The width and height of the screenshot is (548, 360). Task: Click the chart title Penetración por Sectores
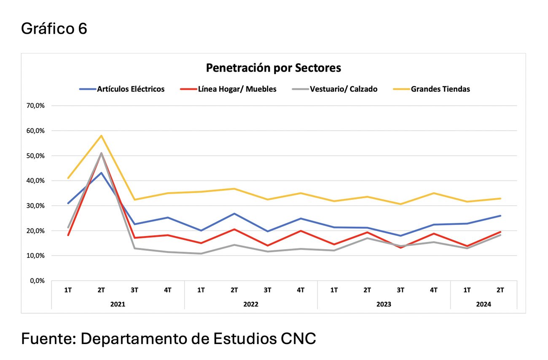(x=273, y=67)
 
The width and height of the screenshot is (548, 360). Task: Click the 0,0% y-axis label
(x=37, y=281)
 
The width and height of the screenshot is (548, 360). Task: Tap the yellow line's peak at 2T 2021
(x=101, y=136)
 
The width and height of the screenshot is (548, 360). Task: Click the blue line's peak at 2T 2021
(x=101, y=172)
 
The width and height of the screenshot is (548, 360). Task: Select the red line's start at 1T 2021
(x=68, y=235)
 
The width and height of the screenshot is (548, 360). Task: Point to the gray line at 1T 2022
(x=201, y=253)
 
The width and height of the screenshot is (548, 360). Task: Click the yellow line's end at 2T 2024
(x=500, y=199)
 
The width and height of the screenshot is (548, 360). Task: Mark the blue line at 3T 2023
(x=400, y=236)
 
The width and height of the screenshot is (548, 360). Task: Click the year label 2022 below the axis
(x=251, y=304)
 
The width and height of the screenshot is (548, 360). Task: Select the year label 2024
(x=484, y=304)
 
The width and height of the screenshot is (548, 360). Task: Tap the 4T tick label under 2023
(x=434, y=290)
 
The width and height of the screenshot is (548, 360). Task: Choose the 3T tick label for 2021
(x=134, y=290)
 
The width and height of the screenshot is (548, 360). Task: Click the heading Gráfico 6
(x=54, y=29)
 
